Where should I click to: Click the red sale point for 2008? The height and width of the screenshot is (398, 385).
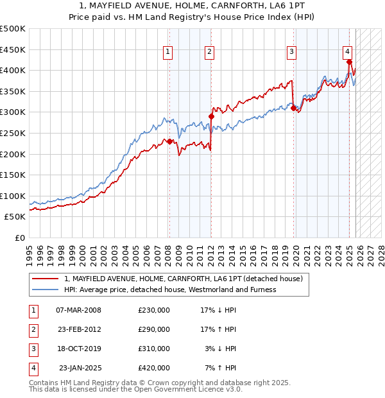coord(169,141)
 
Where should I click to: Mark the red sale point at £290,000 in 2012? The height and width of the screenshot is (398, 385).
coord(211,116)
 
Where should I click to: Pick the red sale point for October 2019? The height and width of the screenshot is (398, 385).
coord(293,108)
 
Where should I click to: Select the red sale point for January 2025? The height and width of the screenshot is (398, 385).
coord(349,62)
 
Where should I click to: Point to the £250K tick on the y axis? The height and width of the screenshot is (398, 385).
coord(13,133)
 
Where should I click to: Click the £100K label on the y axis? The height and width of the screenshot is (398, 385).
coord(13,196)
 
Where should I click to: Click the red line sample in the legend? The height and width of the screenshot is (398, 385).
coord(45,279)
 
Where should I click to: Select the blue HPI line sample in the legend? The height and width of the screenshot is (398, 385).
coord(45,290)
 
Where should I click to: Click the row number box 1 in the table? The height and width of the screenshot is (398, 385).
coord(32,310)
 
